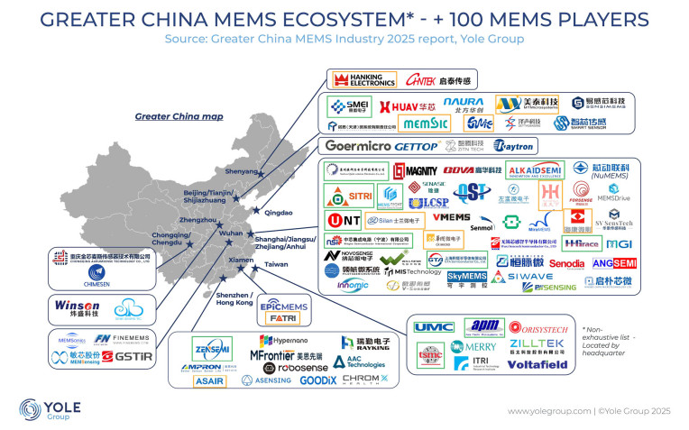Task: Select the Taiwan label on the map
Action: [x=276, y=265]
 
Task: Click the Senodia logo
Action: [x=566, y=263]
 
